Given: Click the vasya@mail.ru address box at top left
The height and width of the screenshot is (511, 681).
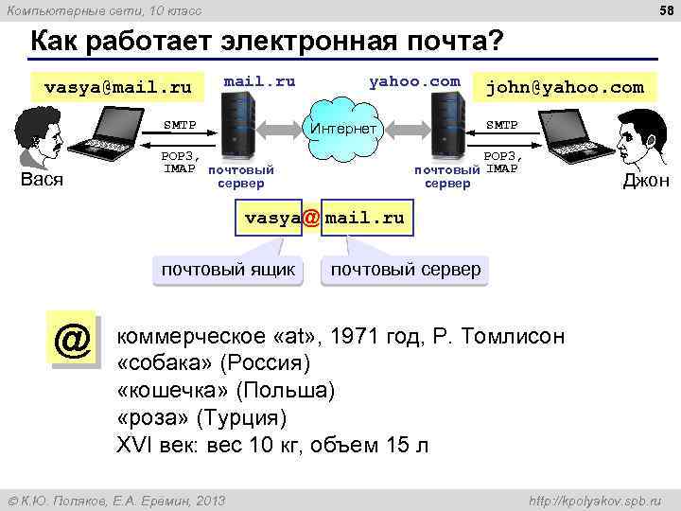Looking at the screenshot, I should [118, 88].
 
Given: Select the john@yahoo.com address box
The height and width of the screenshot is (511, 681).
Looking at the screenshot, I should [565, 88].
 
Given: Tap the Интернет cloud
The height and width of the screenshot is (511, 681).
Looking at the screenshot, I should [342, 128].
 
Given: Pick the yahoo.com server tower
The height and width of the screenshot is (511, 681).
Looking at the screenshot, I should [447, 128].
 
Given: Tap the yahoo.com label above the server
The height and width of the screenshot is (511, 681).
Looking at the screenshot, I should [415, 81].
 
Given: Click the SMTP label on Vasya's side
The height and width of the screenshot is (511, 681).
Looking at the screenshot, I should [180, 125].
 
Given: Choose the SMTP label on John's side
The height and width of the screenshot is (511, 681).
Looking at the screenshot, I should [502, 125].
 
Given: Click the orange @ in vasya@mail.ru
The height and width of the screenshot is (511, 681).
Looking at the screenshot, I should [311, 218].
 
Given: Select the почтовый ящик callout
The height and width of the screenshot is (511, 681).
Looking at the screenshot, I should [228, 270].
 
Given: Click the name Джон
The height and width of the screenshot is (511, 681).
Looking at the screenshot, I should [646, 181].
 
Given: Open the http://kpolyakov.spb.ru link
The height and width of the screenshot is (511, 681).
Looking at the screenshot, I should [594, 500].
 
